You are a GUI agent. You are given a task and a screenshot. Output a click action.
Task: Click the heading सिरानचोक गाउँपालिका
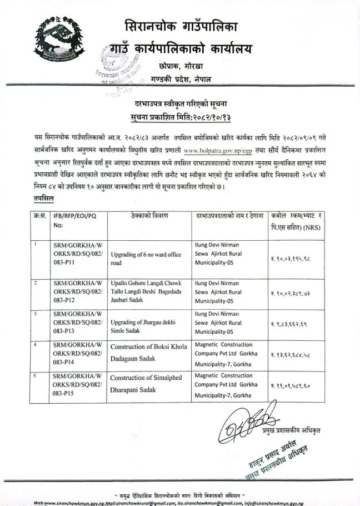[x=181, y=26]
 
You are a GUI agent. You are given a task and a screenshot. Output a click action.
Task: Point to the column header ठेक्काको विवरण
[x=147, y=216]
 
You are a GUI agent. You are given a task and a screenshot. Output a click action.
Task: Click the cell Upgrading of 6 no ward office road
[x=146, y=259]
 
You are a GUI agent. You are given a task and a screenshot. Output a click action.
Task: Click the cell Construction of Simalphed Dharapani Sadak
[x=147, y=384]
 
